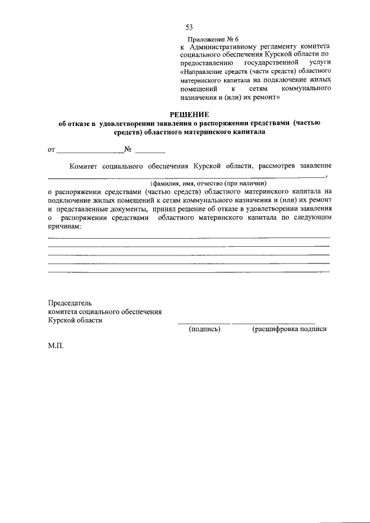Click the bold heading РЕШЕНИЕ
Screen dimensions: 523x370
[189, 114]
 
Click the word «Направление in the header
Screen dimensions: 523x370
[205, 71]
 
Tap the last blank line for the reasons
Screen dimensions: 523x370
[188, 271]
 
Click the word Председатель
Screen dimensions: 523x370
[70, 303]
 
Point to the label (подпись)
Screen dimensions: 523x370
[205, 329]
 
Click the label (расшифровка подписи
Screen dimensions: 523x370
[289, 329]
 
